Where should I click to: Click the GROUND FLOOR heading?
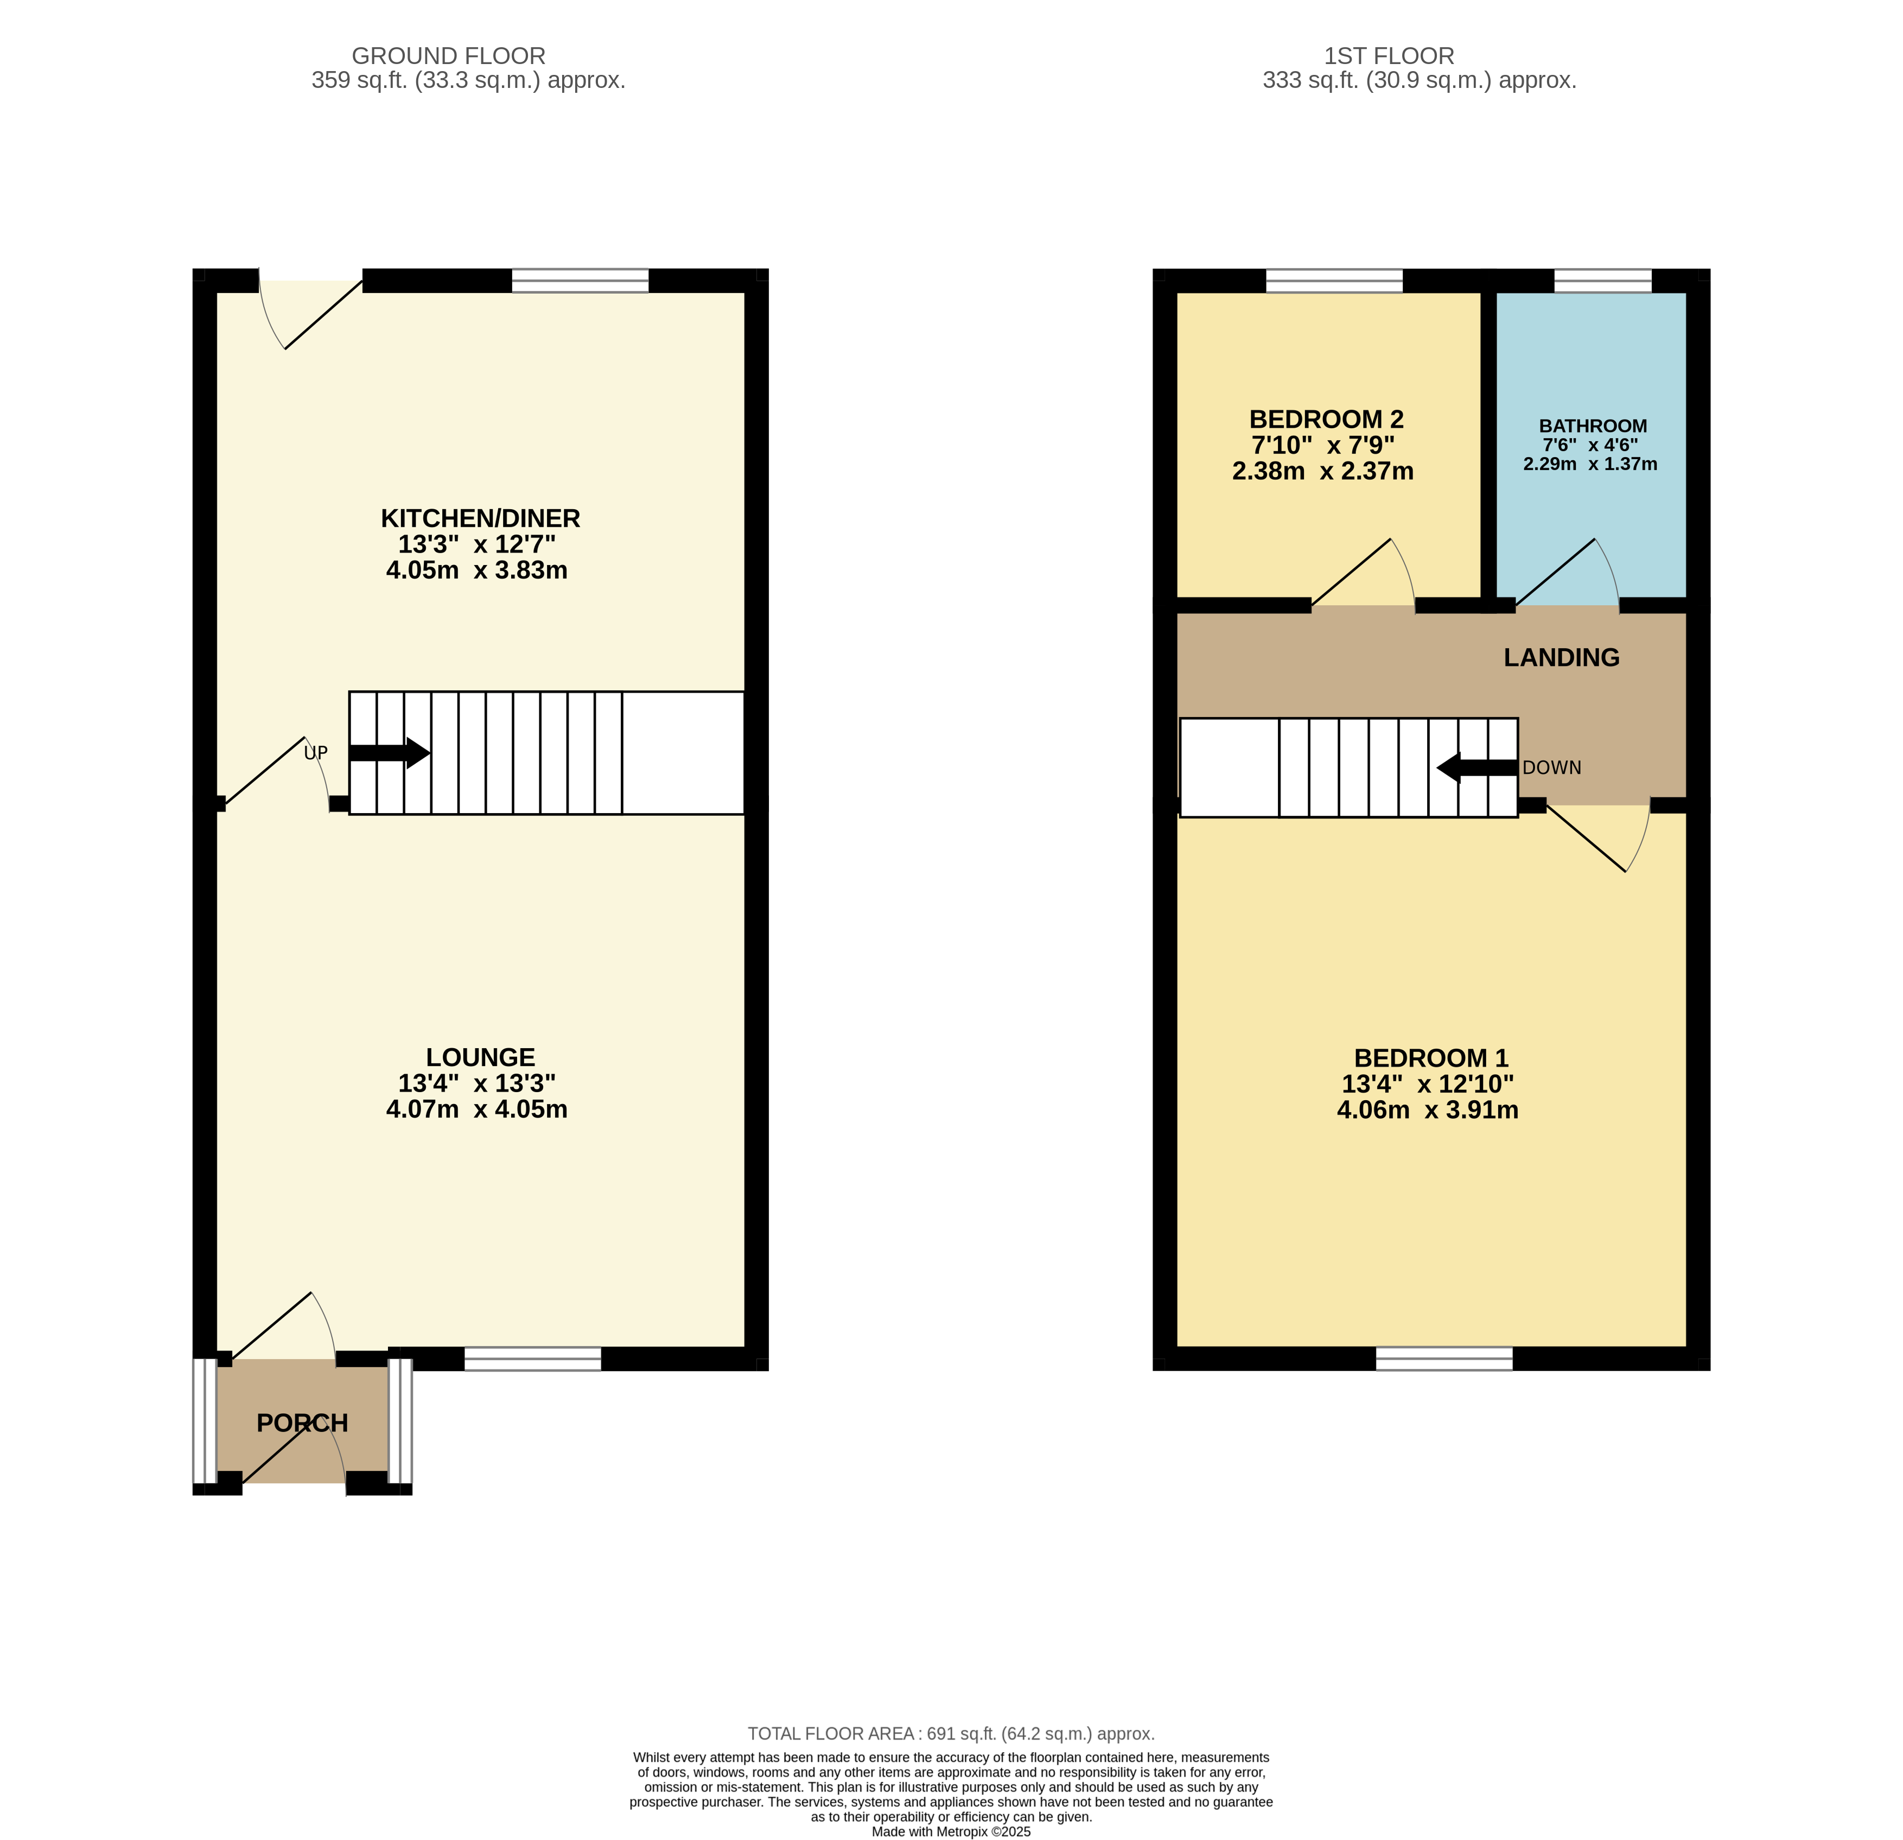tap(449, 56)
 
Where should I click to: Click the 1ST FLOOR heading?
tap(1389, 56)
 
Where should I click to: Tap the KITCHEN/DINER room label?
tap(481, 518)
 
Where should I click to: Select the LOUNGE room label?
tap(481, 1057)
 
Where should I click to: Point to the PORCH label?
tap(302, 1424)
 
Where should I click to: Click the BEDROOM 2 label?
tap(1326, 420)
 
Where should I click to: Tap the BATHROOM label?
tap(1593, 426)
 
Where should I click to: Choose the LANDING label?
tap(1561, 657)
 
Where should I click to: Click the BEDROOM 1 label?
tap(1431, 1058)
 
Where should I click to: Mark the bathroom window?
tap(1603, 281)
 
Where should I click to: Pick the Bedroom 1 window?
tap(1444, 1359)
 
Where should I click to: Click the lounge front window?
tap(533, 1359)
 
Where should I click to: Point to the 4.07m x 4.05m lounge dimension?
tap(477, 1109)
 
